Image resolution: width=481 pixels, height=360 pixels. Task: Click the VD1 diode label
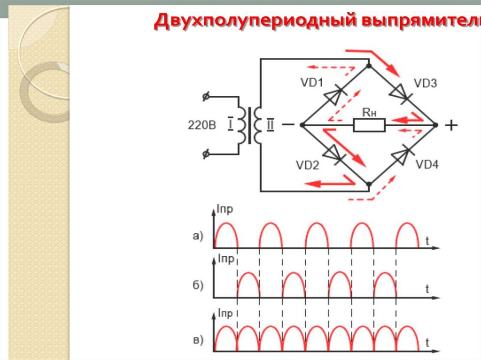pyautogui.click(x=311, y=84)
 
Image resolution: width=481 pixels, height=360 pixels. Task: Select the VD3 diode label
pyautogui.click(x=425, y=84)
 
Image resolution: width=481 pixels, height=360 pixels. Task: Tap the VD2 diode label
pyautogui.click(x=308, y=165)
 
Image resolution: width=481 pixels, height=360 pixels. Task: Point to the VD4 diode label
pyautogui.click(x=427, y=165)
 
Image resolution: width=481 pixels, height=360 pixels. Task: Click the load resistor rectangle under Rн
pyautogui.click(x=369, y=125)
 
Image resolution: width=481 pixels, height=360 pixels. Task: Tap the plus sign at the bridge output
pyautogui.click(x=451, y=125)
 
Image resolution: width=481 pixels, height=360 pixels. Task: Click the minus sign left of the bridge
pyautogui.click(x=288, y=125)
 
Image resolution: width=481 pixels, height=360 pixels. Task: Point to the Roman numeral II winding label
pyautogui.click(x=271, y=125)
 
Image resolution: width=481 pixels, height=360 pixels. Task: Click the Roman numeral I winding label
pyautogui.click(x=230, y=125)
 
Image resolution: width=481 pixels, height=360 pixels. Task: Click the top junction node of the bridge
pyautogui.click(x=369, y=65)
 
